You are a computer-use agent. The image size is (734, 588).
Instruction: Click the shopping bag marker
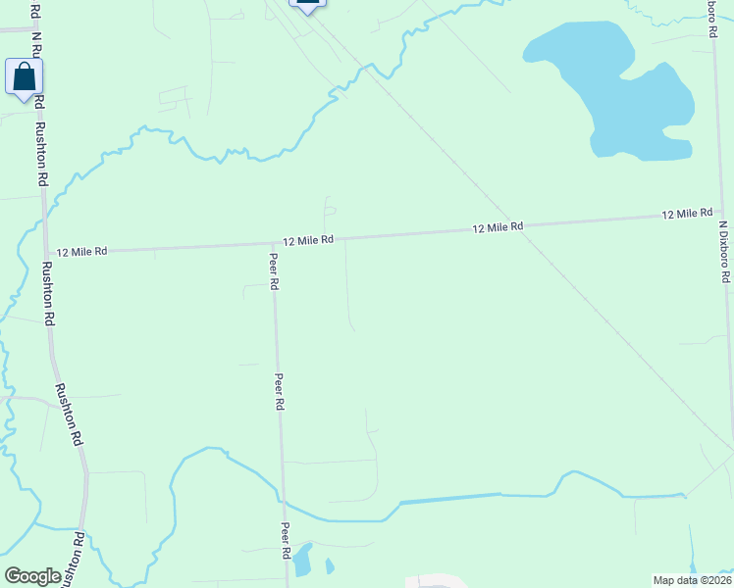[x=24, y=77]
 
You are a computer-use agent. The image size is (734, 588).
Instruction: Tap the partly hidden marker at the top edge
[x=307, y=4]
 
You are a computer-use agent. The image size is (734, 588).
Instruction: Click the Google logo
[x=32, y=576]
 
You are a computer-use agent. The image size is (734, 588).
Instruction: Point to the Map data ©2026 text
[x=691, y=580]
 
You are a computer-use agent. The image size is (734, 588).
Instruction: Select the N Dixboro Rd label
[x=723, y=252]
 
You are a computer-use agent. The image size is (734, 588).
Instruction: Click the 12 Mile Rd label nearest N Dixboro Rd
[x=686, y=214]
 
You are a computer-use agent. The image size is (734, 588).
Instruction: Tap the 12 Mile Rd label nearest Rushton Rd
[x=81, y=252]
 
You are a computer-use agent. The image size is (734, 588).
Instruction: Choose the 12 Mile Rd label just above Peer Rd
[x=309, y=240]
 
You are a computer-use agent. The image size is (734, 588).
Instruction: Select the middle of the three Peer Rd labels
[x=280, y=391]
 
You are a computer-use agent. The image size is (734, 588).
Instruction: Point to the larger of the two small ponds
[x=303, y=560]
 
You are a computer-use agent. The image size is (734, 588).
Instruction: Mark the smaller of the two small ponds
[x=329, y=565]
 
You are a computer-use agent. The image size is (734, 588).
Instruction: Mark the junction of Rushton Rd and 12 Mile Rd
[x=45, y=254]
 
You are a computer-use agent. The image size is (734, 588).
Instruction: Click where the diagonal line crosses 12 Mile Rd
[x=505, y=226]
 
